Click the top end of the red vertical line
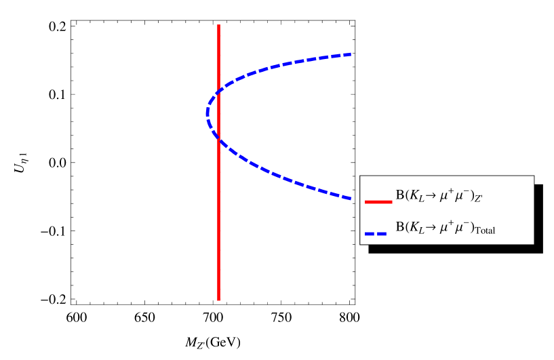218,26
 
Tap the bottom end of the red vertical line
218,299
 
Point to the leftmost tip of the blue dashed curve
207,113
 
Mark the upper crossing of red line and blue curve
218,91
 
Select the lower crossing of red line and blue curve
218,139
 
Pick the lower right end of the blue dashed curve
350,198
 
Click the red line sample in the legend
378,201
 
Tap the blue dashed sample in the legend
378,233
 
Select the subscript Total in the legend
486,231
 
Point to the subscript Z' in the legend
478,199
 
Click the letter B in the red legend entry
399,195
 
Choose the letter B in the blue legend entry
399,226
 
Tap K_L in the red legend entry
414,195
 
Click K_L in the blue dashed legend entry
414,227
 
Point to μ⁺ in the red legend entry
443,195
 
